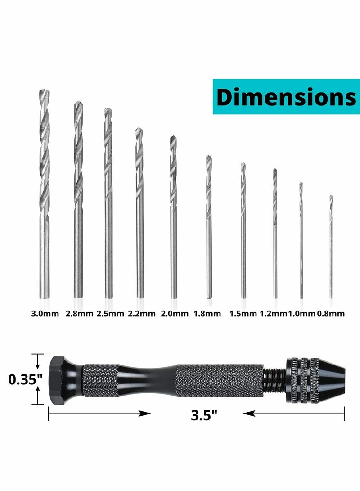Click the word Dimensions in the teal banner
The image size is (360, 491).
pyautogui.click(x=286, y=97)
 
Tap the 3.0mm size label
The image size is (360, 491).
pyautogui.click(x=44, y=314)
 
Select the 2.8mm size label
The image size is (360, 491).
pyautogui.click(x=79, y=314)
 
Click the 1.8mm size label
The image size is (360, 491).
pyautogui.click(x=207, y=314)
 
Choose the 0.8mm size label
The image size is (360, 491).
pyautogui.click(x=332, y=314)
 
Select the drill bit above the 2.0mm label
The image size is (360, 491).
pyautogui.click(x=173, y=216)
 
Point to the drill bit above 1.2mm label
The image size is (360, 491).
pyautogui.click(x=274, y=234)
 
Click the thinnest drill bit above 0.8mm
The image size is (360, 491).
pyautogui.click(x=331, y=248)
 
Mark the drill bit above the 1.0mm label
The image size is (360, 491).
pyautogui.click(x=301, y=241)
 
